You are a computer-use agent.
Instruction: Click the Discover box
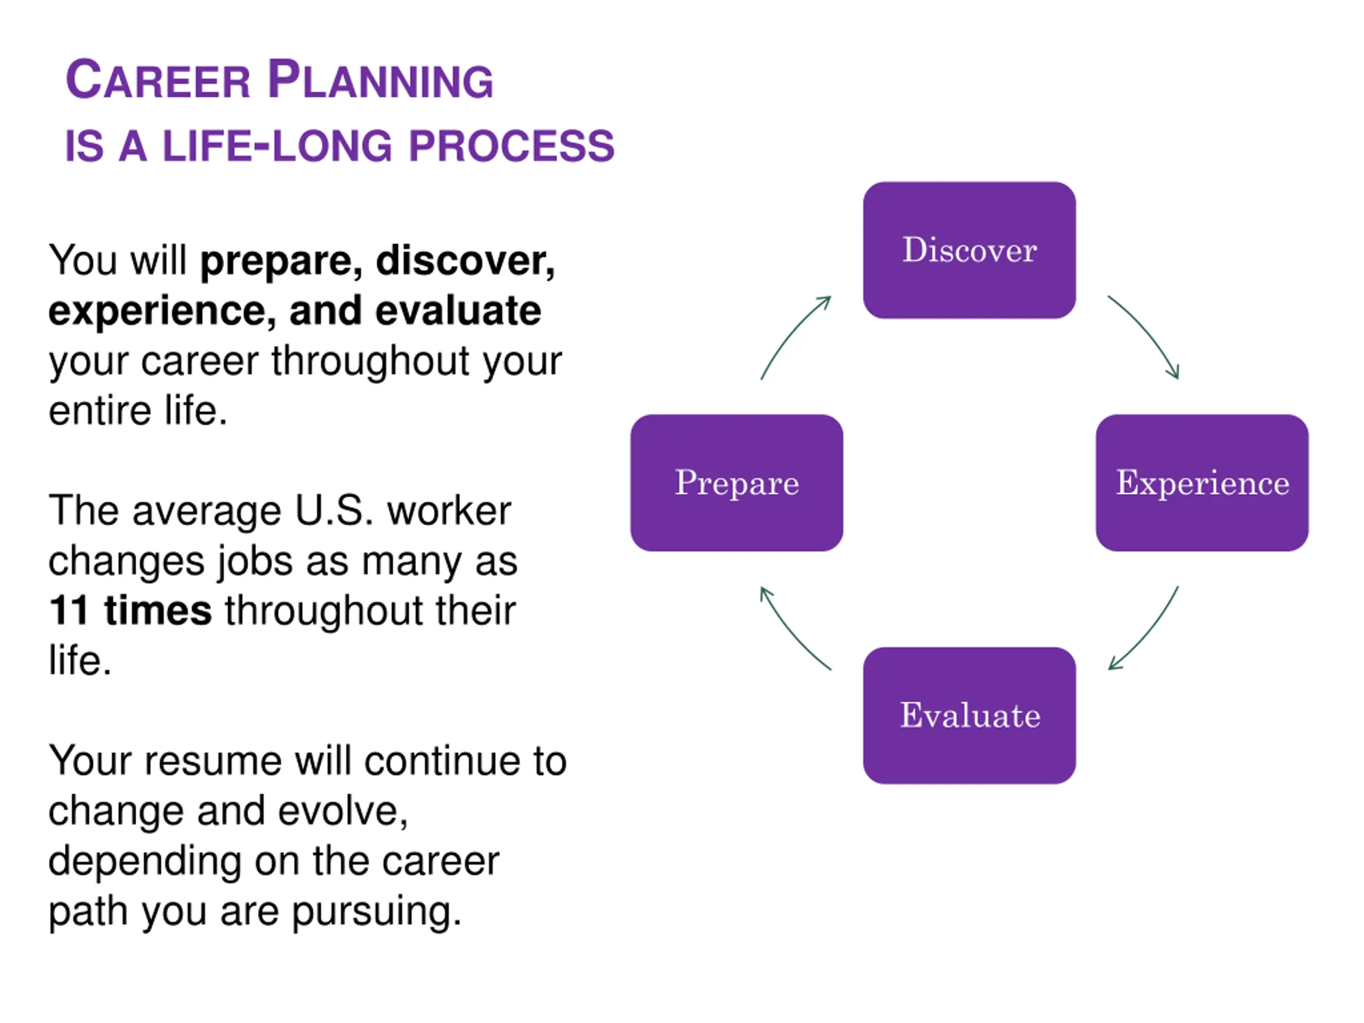[969, 250]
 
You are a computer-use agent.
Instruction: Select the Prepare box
[736, 482]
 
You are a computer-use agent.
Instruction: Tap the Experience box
[1202, 482]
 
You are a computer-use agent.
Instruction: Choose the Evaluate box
[969, 715]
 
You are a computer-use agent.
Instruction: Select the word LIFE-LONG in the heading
[278, 147]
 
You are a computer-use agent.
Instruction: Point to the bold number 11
[69, 611]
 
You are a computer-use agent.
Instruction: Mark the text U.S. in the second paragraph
[334, 510]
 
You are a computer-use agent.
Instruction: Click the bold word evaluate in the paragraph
[458, 311]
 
